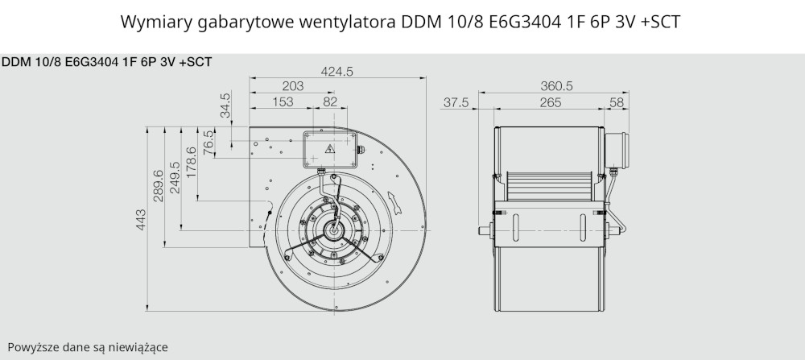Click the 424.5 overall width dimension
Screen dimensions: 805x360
pos(336,72)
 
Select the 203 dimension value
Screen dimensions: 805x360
pos(293,86)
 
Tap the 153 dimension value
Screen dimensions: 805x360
pos(283,101)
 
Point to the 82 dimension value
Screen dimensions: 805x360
pos(330,101)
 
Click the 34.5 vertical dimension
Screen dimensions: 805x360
pos(225,105)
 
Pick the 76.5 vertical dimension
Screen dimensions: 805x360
pos(208,143)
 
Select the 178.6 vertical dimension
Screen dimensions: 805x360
pos(191,163)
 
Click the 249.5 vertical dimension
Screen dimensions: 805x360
pos(175,178)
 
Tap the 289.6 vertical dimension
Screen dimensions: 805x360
pos(158,186)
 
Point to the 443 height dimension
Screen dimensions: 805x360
pos(141,219)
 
